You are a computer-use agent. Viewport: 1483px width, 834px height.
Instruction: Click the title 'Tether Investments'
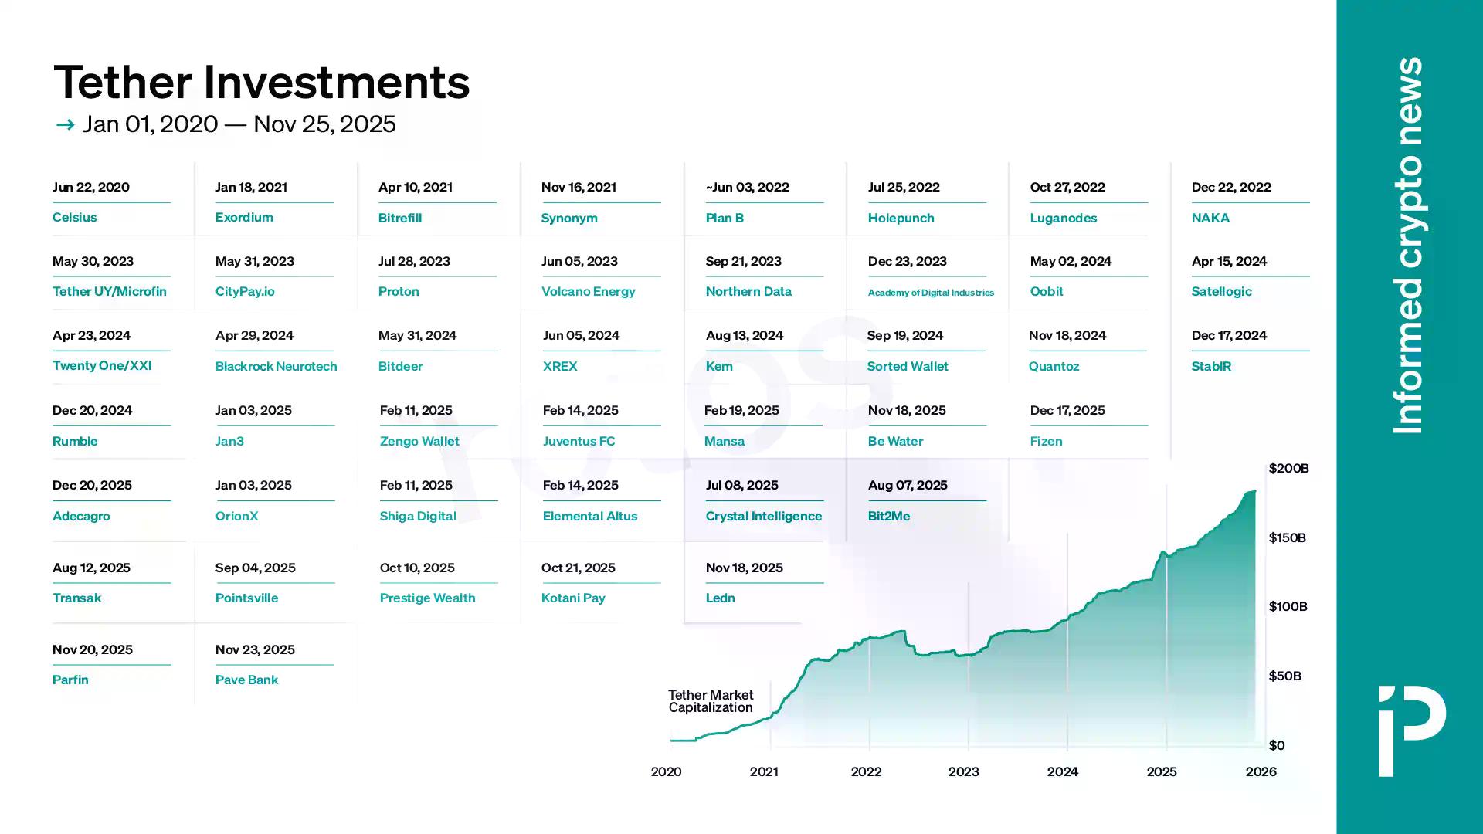point(261,82)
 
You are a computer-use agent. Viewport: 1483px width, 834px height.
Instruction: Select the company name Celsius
point(75,217)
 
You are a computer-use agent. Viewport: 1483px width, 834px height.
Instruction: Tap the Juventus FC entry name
point(579,441)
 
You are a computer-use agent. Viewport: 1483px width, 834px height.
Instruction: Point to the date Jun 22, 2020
point(91,187)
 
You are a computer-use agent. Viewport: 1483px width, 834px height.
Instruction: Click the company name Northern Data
point(748,291)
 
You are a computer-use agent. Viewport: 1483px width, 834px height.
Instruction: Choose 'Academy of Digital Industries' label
point(931,293)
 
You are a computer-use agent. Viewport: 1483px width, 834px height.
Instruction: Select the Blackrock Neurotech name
point(276,366)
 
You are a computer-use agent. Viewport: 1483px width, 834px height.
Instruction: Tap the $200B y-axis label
point(1288,468)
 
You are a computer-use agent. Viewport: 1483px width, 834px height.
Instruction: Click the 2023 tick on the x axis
point(963,771)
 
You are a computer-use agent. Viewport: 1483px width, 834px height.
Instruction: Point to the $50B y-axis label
point(1284,676)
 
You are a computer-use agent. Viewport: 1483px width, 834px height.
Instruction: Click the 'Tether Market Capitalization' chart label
point(711,701)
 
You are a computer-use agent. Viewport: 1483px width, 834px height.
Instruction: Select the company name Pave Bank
point(246,680)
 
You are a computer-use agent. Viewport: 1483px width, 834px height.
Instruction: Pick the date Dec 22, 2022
point(1231,187)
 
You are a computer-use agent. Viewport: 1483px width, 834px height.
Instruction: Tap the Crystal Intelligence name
point(763,516)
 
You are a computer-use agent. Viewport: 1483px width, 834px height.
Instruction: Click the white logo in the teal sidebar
point(1412,730)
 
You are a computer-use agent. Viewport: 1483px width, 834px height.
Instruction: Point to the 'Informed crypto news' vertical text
point(1407,245)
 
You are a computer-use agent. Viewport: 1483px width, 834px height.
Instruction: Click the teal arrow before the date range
point(65,124)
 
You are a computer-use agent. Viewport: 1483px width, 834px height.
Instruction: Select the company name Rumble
point(75,441)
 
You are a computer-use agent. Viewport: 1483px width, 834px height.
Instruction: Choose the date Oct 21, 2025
point(578,568)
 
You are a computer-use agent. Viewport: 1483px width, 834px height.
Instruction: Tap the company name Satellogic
point(1221,291)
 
